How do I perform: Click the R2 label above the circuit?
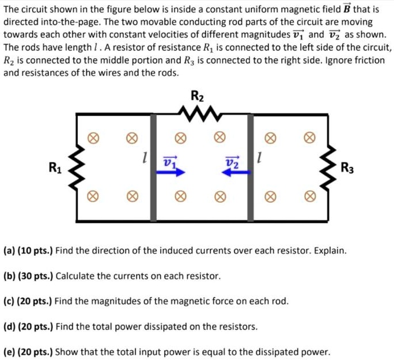point(197,96)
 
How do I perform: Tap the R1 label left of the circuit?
point(55,169)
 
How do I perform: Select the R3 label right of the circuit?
point(347,169)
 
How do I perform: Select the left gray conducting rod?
point(153,167)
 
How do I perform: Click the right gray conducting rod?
point(251,167)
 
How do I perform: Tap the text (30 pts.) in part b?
point(36,276)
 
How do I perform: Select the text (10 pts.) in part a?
point(36,251)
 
